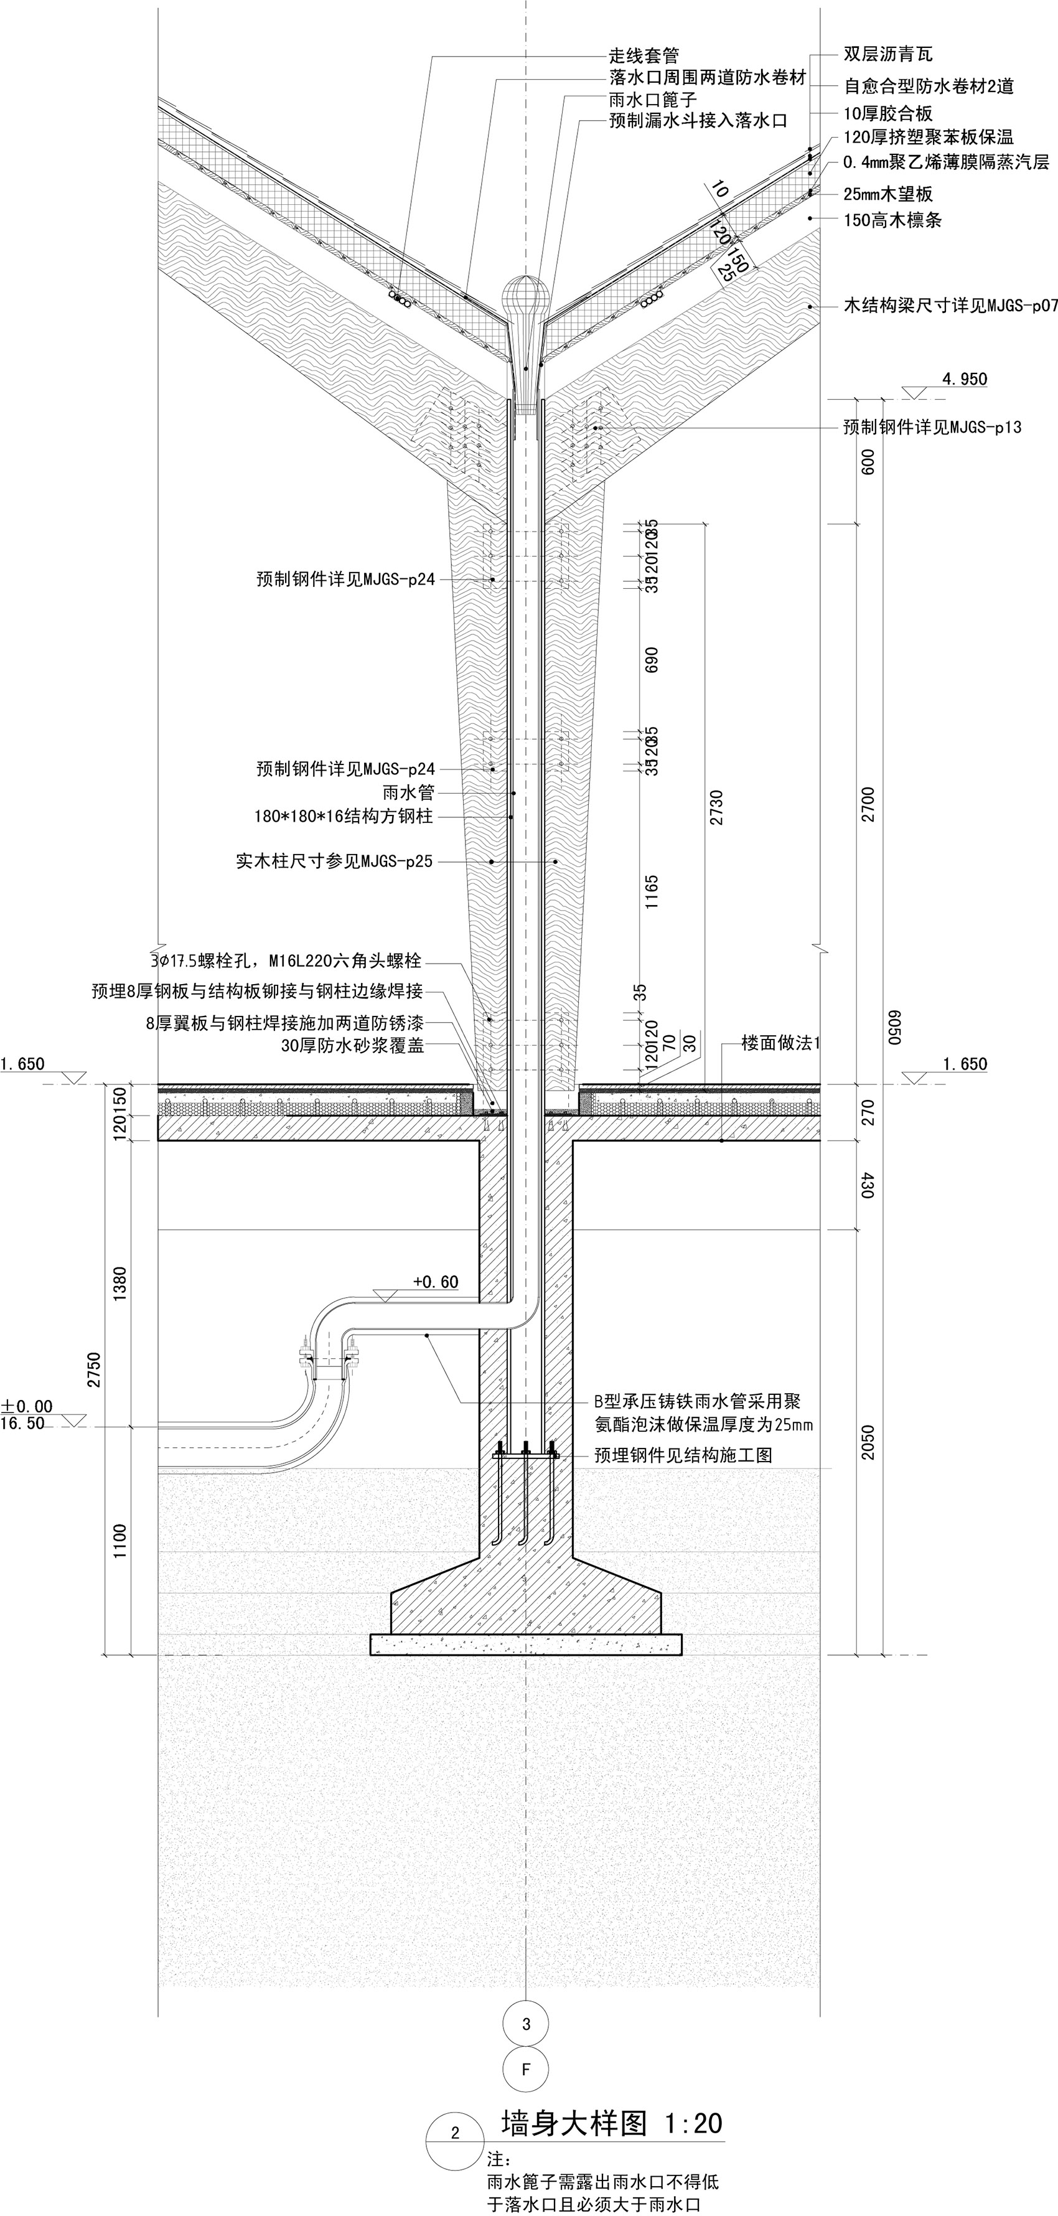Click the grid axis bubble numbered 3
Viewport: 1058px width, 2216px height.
pyautogui.click(x=527, y=2024)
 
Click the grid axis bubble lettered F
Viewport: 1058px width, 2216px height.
pyautogui.click(x=527, y=2069)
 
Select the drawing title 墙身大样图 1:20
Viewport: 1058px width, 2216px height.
pyautogui.click(x=612, y=2123)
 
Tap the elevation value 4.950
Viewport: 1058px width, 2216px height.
pyautogui.click(x=964, y=379)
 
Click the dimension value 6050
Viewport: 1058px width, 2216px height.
pyautogui.click(x=894, y=1027)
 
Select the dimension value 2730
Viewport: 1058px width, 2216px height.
pyautogui.click(x=716, y=807)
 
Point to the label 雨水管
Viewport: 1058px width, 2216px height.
pyautogui.click(x=409, y=792)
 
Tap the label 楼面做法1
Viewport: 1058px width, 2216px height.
pyautogui.click(x=781, y=1043)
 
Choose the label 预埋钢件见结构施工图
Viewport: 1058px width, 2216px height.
pyautogui.click(x=683, y=1455)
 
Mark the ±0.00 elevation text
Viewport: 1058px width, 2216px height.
pyautogui.click(x=27, y=1407)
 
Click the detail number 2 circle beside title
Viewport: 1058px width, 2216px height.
pyautogui.click(x=455, y=2133)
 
